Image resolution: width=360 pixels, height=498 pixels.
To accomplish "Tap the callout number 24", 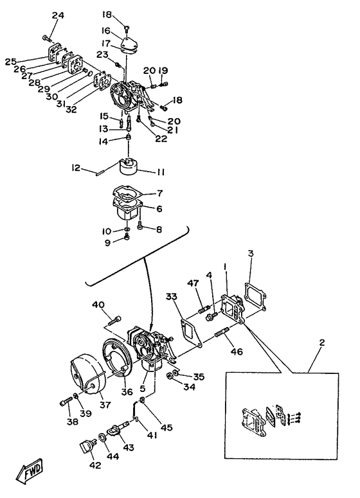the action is (58, 15).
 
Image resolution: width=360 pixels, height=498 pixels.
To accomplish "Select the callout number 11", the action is (161, 172).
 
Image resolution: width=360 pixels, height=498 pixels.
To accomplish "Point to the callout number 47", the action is (193, 283).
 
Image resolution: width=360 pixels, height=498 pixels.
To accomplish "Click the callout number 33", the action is (171, 296).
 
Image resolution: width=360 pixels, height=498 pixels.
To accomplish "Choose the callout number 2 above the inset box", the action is (322, 342).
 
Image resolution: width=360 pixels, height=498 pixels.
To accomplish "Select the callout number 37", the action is (105, 405).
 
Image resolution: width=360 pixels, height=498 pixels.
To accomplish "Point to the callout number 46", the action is (237, 351).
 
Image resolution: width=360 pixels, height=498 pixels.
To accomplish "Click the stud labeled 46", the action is (222, 333).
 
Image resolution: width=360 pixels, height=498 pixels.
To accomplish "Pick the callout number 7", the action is (159, 193).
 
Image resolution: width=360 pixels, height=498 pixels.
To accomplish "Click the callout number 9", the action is (108, 243).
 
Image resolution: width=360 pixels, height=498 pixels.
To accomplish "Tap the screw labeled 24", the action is (47, 39).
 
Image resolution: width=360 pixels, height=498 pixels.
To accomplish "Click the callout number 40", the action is (98, 305).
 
